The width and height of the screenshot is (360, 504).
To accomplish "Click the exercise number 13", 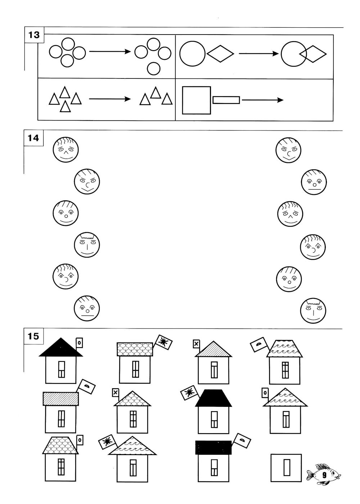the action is click(x=34, y=35).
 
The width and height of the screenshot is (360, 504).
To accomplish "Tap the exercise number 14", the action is click(x=33, y=138).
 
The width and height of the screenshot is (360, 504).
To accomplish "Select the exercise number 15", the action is click(x=33, y=336).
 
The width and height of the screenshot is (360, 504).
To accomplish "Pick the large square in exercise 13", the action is click(x=196, y=100).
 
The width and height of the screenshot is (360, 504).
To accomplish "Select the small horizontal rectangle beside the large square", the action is click(x=226, y=100).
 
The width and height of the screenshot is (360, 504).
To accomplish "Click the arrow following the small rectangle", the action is click(x=262, y=100).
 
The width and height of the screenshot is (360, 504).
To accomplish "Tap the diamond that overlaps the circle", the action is click(x=313, y=54).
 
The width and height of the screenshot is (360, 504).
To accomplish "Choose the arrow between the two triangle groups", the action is click(x=110, y=99).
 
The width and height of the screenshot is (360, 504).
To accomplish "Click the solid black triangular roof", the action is click(x=61, y=347).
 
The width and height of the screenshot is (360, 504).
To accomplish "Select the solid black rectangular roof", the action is click(x=213, y=448).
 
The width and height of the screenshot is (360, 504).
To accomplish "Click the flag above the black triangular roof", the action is click(x=79, y=343).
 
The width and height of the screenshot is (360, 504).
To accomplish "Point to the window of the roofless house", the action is click(x=287, y=468).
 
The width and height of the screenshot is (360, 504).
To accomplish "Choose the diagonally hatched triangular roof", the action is click(x=213, y=349).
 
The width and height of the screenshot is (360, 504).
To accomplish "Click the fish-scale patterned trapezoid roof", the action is click(x=60, y=445).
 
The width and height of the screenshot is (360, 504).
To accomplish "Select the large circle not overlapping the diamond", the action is click(x=193, y=54).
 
